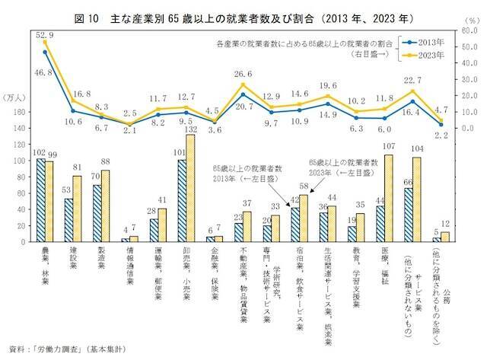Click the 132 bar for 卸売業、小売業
[x=189, y=189]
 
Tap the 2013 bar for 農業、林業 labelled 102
[x=42, y=200]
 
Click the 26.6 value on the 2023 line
[x=243, y=75]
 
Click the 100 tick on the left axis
[x=19, y=161]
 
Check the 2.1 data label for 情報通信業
[x=129, y=130]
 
